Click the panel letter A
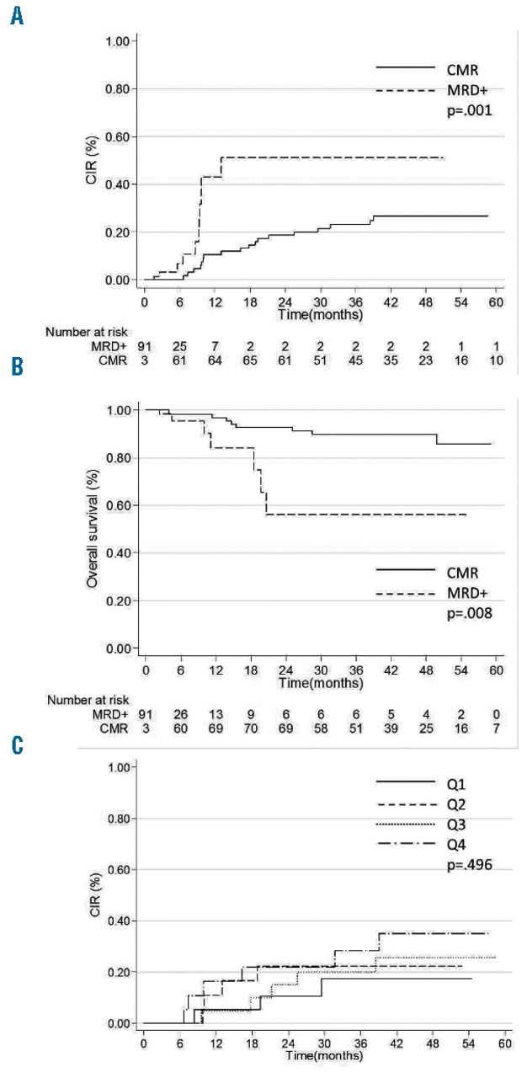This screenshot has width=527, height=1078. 16,17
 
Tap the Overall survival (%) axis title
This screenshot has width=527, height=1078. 93,529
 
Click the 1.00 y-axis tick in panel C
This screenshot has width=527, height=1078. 121,768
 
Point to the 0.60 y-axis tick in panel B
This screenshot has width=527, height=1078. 121,505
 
